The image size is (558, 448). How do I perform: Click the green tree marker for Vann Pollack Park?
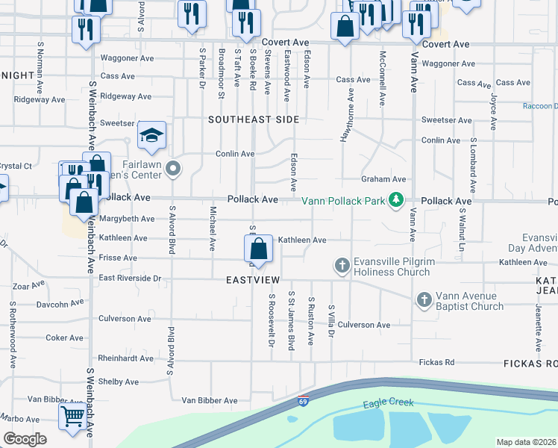pos(397,200)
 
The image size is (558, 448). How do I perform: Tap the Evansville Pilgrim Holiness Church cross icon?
pos(342,265)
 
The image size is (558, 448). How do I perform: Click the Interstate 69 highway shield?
pos(303,401)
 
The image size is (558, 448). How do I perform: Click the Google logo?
pos(25,439)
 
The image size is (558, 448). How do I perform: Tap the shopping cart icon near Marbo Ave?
pos(72,416)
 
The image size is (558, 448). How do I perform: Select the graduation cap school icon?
pos(151,135)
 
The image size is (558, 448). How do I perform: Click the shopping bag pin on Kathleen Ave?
pos(258,248)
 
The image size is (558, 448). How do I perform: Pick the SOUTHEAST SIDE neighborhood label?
pos(254,119)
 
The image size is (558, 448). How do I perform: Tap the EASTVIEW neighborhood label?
pos(253,279)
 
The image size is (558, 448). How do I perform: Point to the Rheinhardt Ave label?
pos(125,358)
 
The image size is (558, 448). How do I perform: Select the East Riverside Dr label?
pos(130,279)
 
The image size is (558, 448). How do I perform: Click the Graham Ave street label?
pos(383,179)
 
